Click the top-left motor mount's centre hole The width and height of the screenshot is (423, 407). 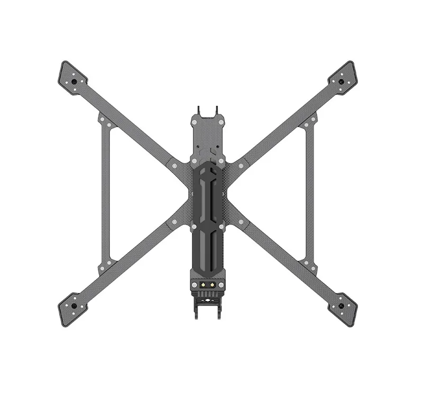74,82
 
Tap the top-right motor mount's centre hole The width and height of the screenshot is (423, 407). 342,82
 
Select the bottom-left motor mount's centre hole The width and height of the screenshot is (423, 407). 74,306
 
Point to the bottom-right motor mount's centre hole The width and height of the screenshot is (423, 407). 342,306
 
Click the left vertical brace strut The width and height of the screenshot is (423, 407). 104,193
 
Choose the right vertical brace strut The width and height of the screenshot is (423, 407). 310,193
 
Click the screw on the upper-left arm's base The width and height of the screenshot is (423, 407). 174,165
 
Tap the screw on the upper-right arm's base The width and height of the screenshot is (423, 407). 241,165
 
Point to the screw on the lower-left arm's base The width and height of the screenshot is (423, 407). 174,223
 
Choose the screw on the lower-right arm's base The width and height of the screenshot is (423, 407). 241,223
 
